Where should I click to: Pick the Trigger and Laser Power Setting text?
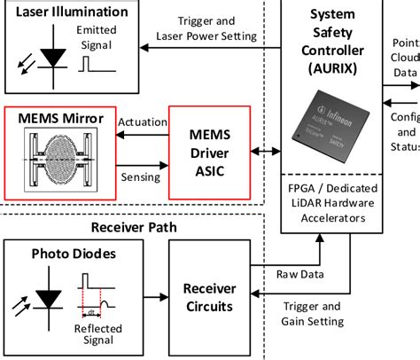coord(206,28)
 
